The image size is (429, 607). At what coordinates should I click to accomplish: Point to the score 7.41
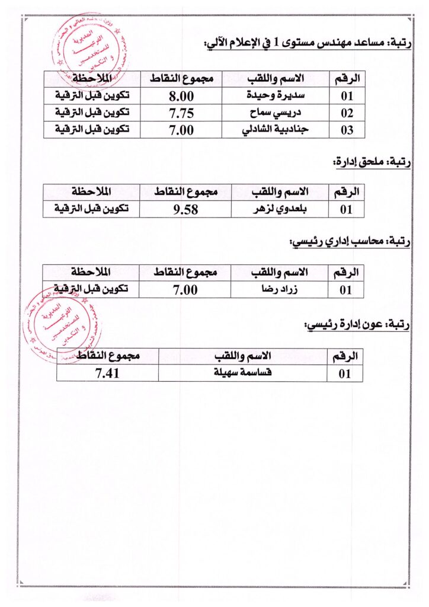click(107, 373)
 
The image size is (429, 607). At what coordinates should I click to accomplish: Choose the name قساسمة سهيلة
click(243, 373)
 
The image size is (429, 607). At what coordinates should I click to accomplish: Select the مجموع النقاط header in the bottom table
click(107, 356)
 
